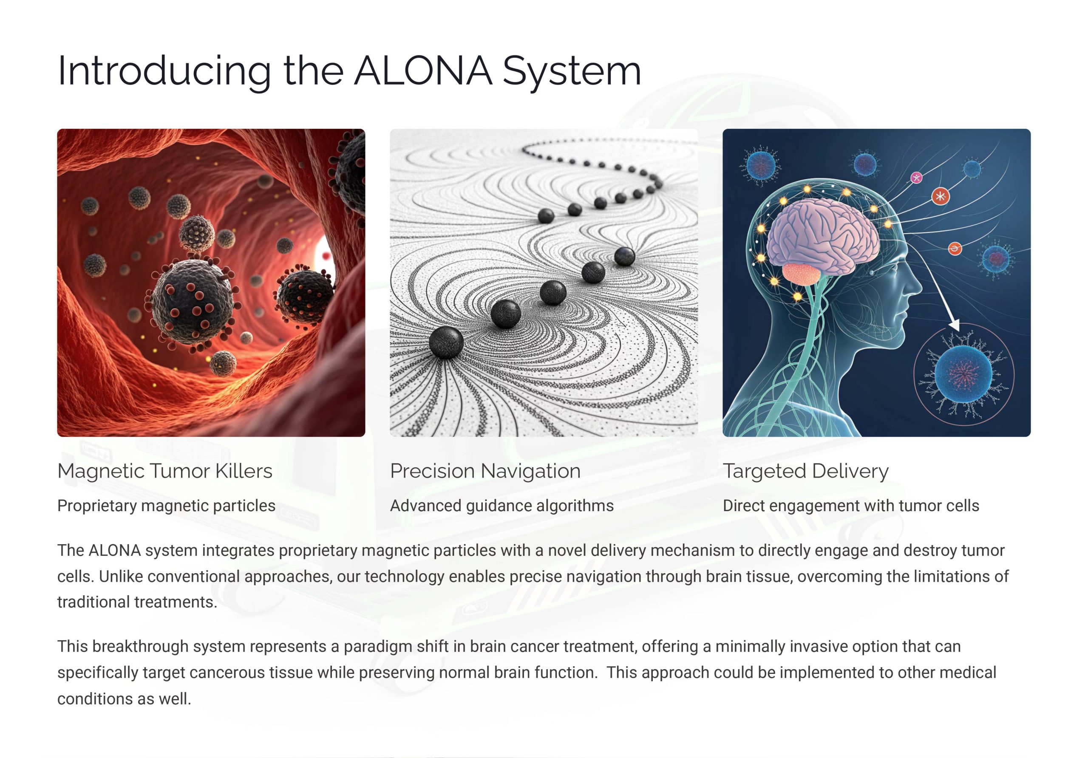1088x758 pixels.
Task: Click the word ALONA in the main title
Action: point(423,71)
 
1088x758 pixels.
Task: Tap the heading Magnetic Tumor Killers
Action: point(165,471)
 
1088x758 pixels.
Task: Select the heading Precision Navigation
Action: point(485,471)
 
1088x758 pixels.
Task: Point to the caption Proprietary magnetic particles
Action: point(166,506)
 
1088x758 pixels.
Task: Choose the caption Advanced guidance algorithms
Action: point(502,506)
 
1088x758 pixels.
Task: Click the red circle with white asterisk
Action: point(941,196)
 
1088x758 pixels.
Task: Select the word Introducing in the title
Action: point(164,71)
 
